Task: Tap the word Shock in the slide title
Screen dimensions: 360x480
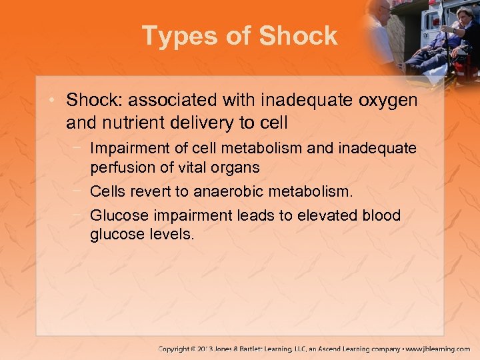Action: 299,36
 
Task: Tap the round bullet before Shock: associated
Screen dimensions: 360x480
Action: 55,101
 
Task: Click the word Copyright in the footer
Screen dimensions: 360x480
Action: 178,349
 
